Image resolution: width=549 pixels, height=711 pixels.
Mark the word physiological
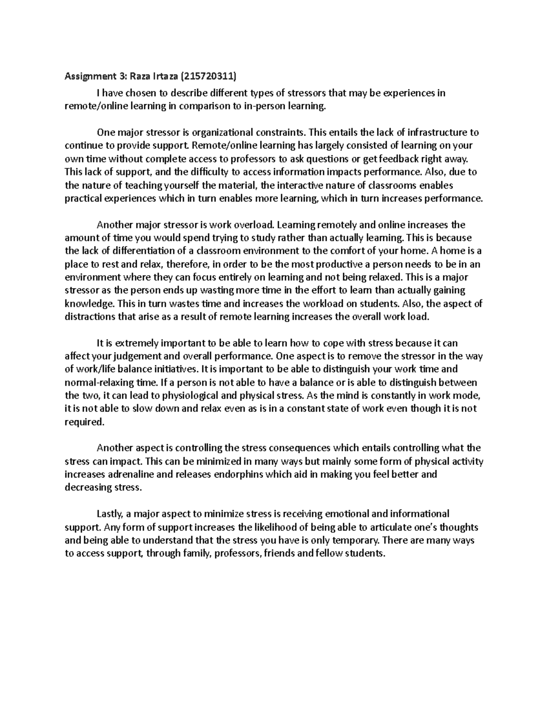[186, 396]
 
